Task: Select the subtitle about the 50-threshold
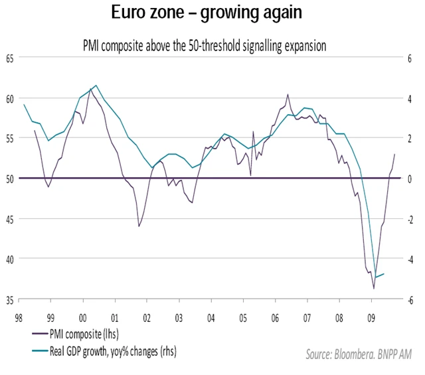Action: [212, 46]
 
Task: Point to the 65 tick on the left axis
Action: [9, 58]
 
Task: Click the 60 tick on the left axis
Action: [9, 98]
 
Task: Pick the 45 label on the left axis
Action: [9, 219]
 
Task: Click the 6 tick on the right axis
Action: [412, 58]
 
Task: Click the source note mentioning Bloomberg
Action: [359, 356]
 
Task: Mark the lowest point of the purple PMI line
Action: [374, 289]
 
